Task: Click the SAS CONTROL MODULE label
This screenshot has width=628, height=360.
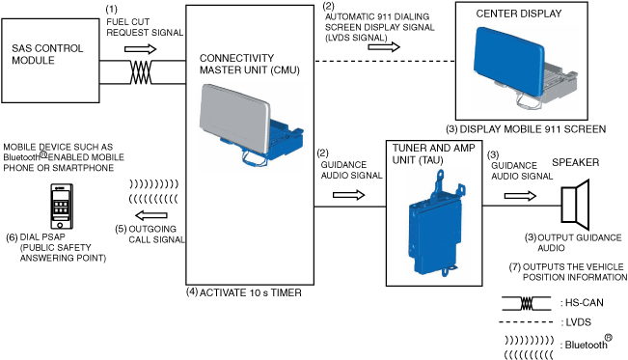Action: [x=47, y=54]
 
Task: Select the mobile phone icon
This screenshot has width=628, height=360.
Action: [x=62, y=207]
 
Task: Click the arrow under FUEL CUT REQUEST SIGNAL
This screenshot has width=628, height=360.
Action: [x=140, y=49]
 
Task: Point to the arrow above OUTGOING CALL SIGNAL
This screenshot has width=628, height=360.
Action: [x=151, y=215]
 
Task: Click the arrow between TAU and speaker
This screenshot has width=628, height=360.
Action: [x=520, y=196]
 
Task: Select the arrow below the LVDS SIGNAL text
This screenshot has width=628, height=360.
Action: [x=384, y=47]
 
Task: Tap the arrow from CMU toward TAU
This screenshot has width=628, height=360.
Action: [x=348, y=195]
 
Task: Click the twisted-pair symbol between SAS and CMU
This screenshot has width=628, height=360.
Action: [x=141, y=72]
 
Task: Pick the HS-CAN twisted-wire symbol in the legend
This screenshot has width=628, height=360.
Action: [x=527, y=303]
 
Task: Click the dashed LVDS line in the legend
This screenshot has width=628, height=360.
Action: [x=527, y=322]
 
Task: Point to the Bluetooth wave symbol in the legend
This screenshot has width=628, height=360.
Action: [x=529, y=347]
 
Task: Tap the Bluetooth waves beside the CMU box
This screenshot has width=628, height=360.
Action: [x=153, y=191]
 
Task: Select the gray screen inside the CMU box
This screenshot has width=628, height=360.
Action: [x=234, y=119]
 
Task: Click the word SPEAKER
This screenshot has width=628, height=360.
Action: [x=576, y=162]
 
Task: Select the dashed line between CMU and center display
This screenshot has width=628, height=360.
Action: [x=385, y=62]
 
